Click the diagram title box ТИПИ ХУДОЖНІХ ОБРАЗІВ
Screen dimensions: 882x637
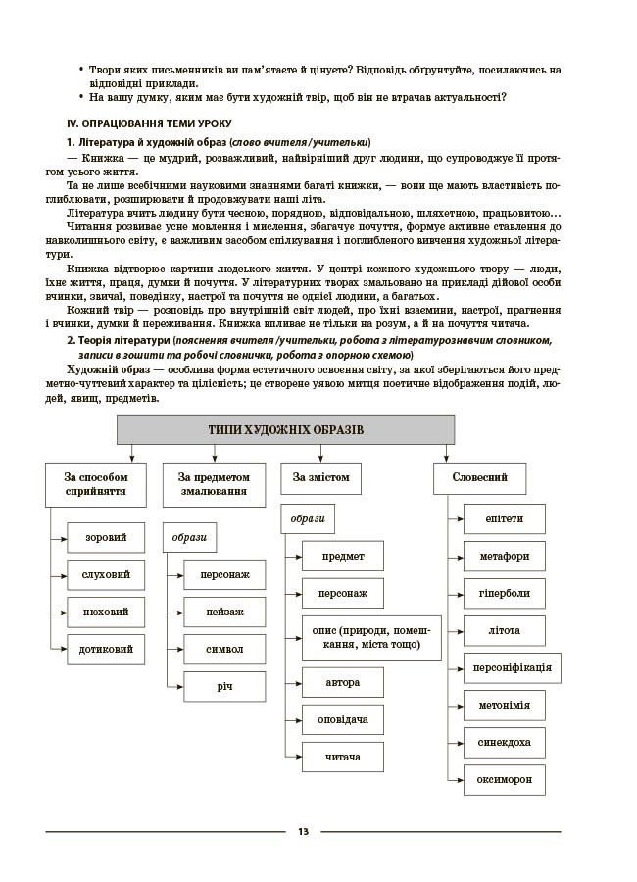click(285, 430)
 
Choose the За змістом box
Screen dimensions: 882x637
click(320, 477)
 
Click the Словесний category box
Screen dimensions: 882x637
click(478, 477)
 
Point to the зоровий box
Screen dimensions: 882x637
click(106, 537)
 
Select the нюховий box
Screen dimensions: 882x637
click(106, 612)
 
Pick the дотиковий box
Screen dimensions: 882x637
click(106, 648)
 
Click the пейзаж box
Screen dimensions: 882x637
click(224, 612)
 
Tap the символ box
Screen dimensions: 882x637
click(224, 649)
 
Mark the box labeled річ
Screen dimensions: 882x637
click(224, 686)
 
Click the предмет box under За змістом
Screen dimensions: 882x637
click(342, 556)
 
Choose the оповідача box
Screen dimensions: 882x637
click(342, 719)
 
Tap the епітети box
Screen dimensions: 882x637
click(504, 518)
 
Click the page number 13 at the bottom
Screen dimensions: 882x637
click(303, 832)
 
